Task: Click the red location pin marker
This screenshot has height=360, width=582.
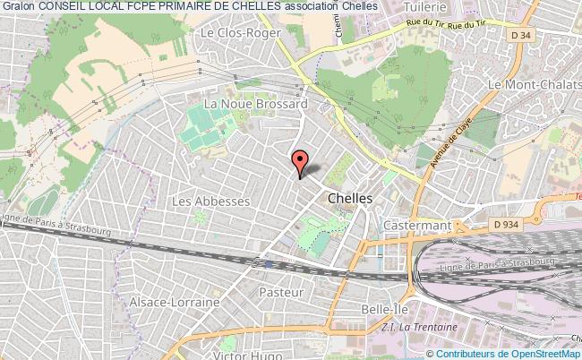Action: pyautogui.click(x=301, y=161)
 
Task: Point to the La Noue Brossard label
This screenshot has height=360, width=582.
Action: pyautogui.click(x=256, y=104)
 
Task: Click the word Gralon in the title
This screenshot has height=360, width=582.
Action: pyautogui.click(x=17, y=8)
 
